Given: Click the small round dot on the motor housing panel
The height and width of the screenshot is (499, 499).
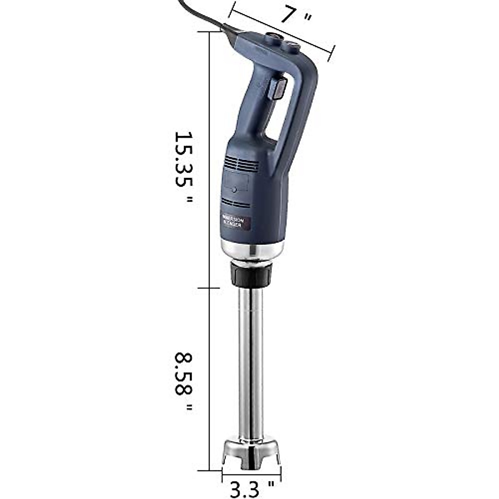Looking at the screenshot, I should point(234,190).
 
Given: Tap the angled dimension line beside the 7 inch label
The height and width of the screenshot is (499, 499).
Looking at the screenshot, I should point(283,32).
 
